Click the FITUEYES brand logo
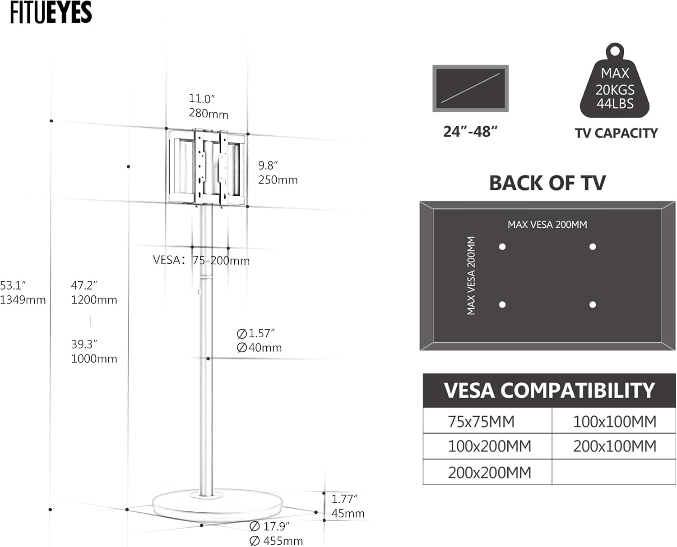point(51,12)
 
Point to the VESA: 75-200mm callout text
point(201,260)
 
